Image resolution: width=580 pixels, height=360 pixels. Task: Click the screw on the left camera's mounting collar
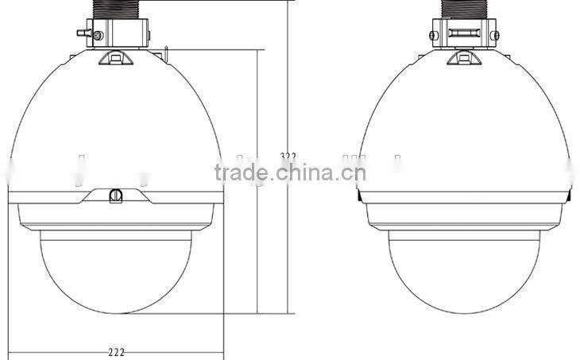pyautogui.click(x=98, y=36)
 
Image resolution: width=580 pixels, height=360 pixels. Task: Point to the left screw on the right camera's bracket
pyautogui.click(x=434, y=36)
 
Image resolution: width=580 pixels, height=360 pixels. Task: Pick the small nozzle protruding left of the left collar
pyautogui.click(x=82, y=33)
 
